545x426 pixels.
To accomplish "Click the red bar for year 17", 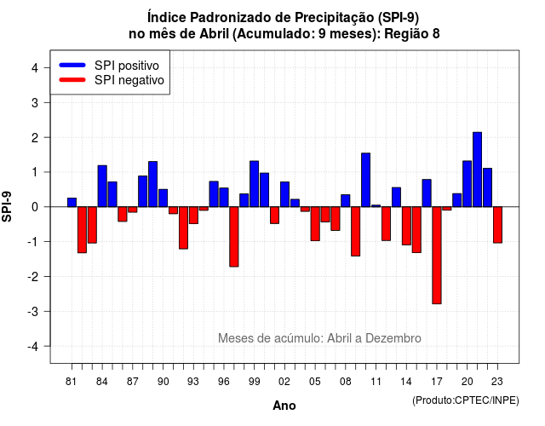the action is (437, 256).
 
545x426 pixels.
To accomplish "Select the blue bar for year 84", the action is (102, 186).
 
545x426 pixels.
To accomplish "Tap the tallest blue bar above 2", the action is (477, 170).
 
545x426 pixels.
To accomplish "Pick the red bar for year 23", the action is (497, 225).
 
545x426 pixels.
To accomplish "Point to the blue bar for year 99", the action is (254, 184).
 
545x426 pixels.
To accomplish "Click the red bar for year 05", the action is (315, 223).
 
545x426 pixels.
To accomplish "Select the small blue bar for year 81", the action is (72, 203).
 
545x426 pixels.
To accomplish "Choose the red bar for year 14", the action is (406, 226).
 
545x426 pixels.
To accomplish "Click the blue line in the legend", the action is (72, 65).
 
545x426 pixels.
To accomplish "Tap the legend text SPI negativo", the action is (129, 80).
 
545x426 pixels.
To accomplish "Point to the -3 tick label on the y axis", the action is (33, 312).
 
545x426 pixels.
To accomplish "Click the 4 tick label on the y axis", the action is (35, 68).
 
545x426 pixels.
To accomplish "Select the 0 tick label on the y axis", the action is (35, 207).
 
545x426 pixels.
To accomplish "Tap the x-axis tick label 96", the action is (223, 382).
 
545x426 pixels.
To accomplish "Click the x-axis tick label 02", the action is (284, 382).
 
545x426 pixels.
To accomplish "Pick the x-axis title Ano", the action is (284, 406).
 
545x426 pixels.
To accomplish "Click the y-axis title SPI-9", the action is (7, 206).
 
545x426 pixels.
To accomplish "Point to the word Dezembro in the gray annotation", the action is (393, 338).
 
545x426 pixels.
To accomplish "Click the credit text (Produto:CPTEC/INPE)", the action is (466, 400).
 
